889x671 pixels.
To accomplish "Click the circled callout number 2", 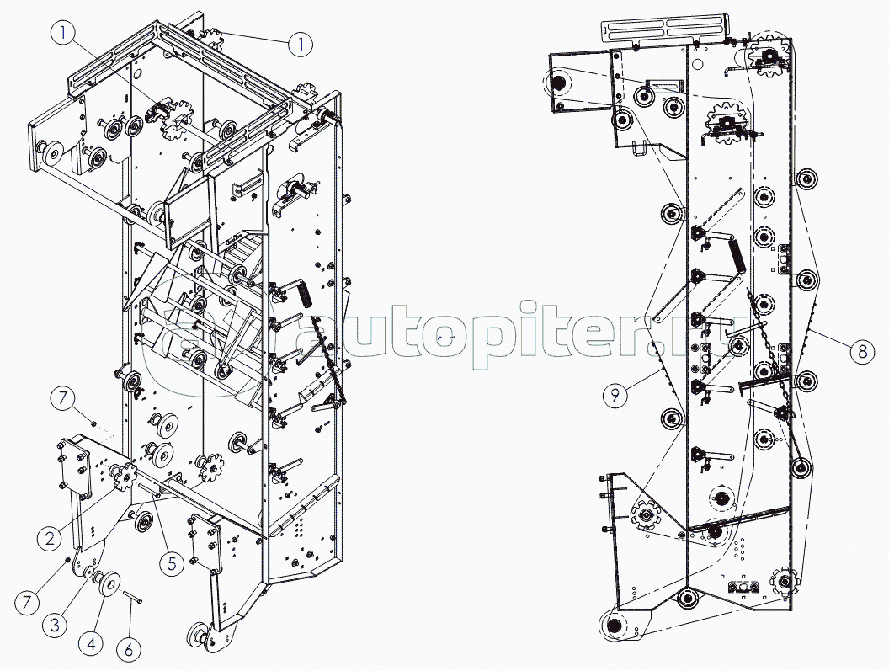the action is (x=50, y=538).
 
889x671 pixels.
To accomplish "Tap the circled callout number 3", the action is (x=55, y=625).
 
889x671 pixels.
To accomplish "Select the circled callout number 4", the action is (x=91, y=644).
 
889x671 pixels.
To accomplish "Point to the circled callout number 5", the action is (x=172, y=562).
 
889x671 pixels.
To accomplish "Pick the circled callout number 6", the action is (x=129, y=649).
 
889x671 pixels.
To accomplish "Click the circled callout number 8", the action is (x=862, y=352).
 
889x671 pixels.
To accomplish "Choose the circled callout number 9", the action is (x=615, y=395).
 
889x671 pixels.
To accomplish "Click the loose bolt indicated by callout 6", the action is (x=132, y=596).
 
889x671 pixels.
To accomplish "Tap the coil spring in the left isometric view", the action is (x=306, y=293).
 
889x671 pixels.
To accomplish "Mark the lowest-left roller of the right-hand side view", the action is (x=614, y=626).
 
